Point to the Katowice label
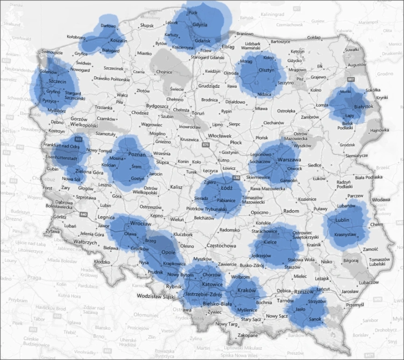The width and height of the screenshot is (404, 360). click(213, 283)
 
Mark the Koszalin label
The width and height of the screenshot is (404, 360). click(115, 41)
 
